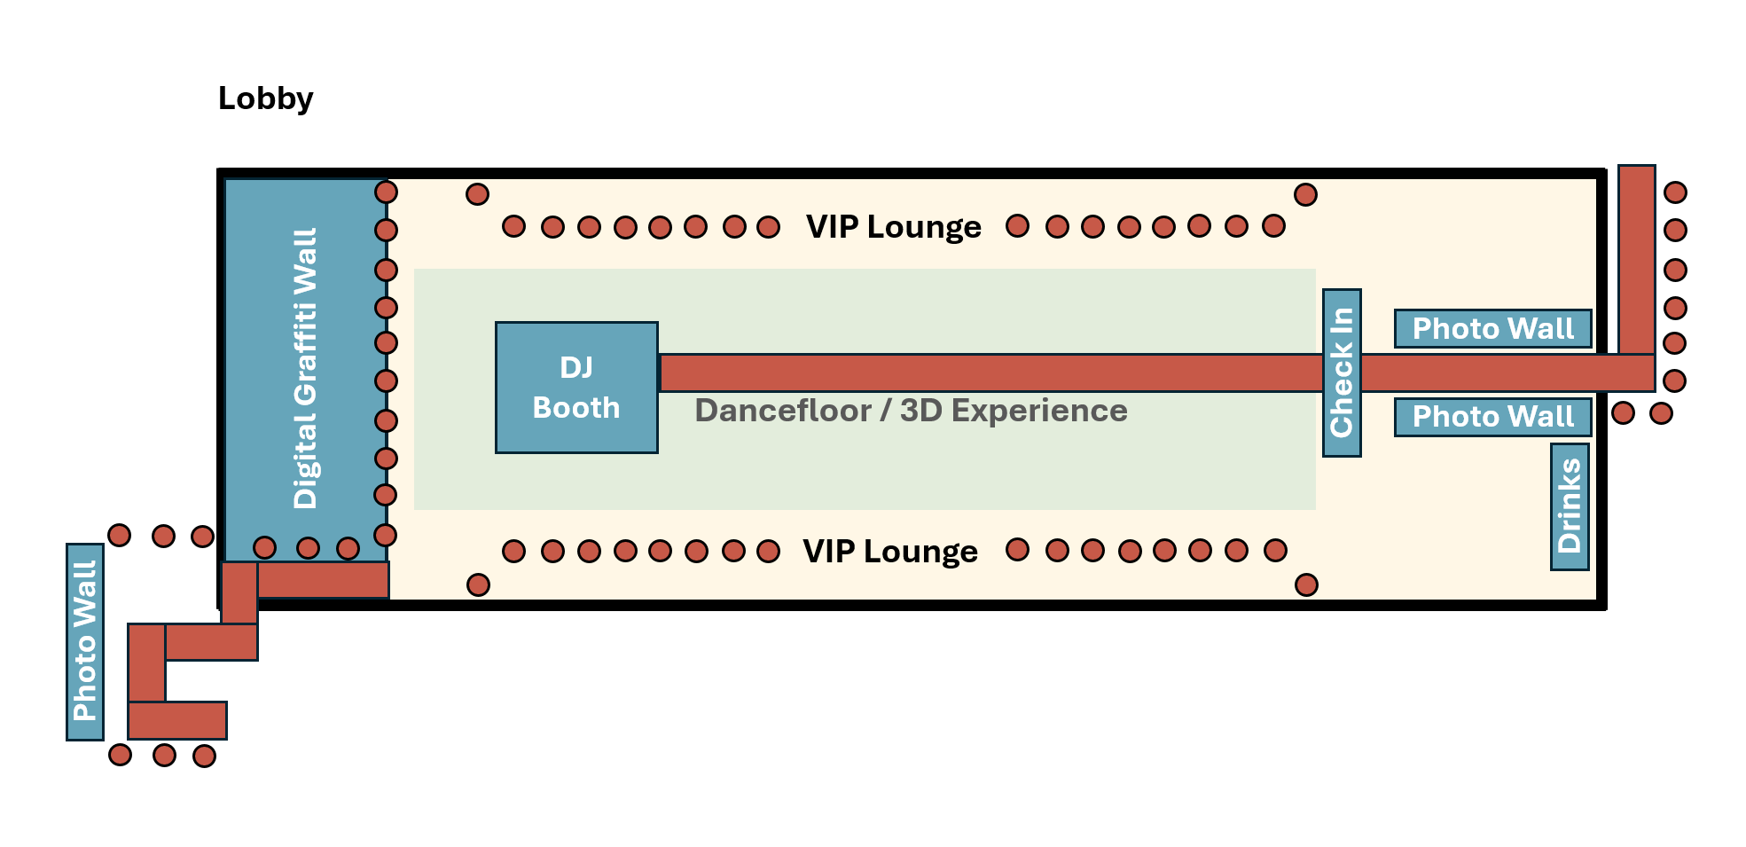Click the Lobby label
coord(265,98)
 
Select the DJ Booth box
coord(576,388)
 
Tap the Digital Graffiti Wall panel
coord(304,368)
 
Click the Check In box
coord(1341,373)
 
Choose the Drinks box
coord(1569,506)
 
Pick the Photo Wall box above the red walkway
coord(1492,329)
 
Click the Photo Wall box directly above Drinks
coord(1492,417)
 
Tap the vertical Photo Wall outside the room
coord(85,641)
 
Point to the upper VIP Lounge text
coord(893,227)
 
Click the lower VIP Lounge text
coord(889,552)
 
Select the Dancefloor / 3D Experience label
coord(911,411)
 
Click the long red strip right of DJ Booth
coord(990,373)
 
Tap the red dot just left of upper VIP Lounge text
coord(768,227)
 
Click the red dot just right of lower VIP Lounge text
coord(1017,550)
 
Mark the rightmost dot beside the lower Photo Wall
coord(1661,413)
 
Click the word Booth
coord(576,408)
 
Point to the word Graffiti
coord(304,352)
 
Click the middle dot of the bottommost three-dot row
coord(164,756)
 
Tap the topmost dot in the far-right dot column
coord(1675,192)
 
